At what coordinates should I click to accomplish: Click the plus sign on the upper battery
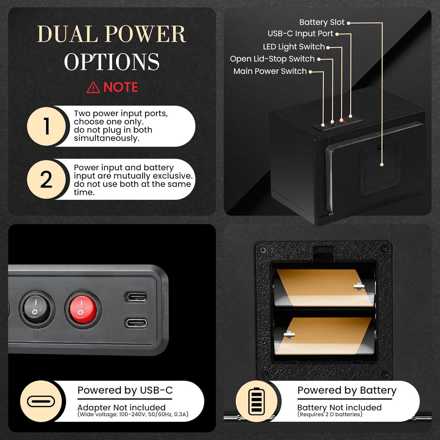pyautogui.click(x=359, y=286)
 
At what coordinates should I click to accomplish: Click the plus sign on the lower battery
pyautogui.click(x=289, y=334)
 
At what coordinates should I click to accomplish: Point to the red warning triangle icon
pyautogui.click(x=93, y=87)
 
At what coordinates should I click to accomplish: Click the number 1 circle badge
pyautogui.click(x=46, y=126)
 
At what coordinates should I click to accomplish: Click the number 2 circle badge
pyautogui.click(x=46, y=179)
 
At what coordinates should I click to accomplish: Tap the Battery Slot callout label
pyautogui.click(x=322, y=22)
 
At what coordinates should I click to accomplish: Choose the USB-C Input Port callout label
pyautogui.click(x=300, y=34)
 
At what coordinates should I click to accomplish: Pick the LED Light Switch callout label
pyautogui.click(x=294, y=47)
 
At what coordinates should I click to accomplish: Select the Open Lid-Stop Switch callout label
pyautogui.click(x=272, y=59)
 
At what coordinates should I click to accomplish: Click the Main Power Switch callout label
pyautogui.click(x=270, y=71)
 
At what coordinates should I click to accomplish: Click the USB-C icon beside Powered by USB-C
pyautogui.click(x=41, y=401)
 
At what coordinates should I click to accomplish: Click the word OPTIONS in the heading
pyautogui.click(x=112, y=62)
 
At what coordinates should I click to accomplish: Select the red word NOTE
pyautogui.click(x=121, y=87)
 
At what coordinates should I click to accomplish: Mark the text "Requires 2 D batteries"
pyautogui.click(x=330, y=414)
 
